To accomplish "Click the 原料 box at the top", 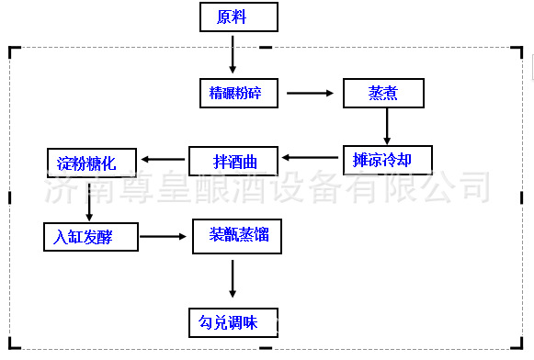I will pos(232,17).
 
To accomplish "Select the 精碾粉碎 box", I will pos(237,92).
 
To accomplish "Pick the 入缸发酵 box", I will pos(90,236).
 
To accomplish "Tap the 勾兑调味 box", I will pos(229,321).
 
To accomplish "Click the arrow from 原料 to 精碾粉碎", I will pos(232,54).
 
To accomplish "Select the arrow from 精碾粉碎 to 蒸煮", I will pos(310,93).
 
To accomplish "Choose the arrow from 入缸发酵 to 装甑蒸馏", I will pos(165,236).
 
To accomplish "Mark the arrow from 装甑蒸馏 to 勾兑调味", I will pos(232,277).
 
